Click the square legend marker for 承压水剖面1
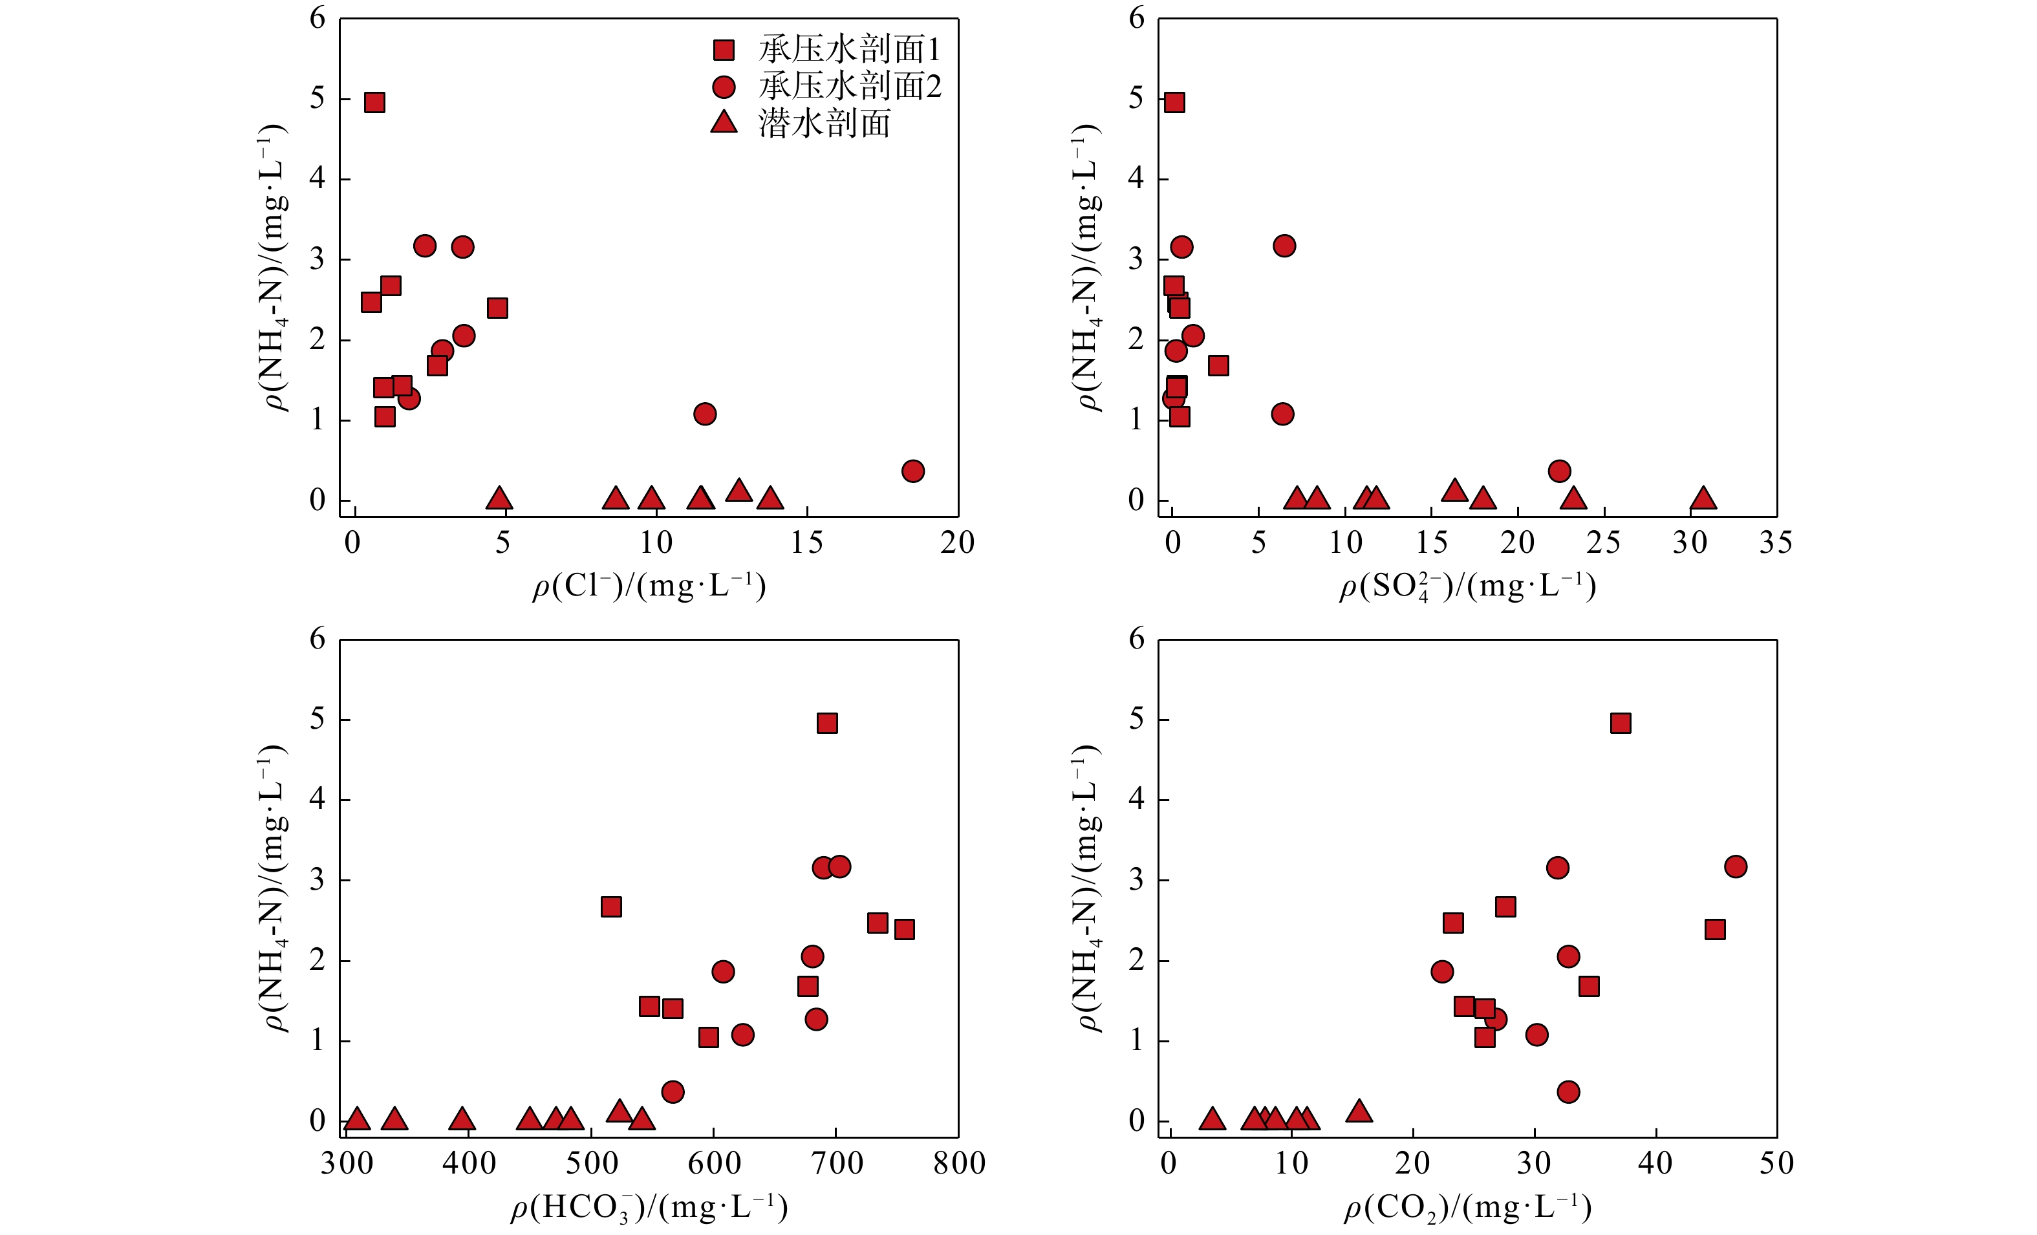pos(724,50)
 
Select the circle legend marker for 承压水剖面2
pos(724,87)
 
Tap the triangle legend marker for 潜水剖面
pos(724,123)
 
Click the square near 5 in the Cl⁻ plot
pos(497,308)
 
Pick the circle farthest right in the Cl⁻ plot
pos(912,471)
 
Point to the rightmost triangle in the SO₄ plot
pos(1703,499)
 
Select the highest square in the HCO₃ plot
pos(826,724)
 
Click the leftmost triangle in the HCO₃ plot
pos(356,1119)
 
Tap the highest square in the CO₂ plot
pos(1621,724)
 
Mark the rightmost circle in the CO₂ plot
pos(1735,866)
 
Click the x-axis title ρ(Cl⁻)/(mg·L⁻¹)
pos(649,586)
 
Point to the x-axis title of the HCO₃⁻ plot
pos(649,1208)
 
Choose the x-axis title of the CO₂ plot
pos(1467,1208)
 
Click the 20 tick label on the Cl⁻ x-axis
pos(957,543)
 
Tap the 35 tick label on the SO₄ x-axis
pos(1776,543)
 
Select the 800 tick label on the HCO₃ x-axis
pos(959,1164)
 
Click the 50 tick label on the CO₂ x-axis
pos(1776,1164)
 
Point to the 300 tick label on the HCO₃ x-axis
pos(347,1164)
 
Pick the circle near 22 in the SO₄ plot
pos(1559,471)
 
